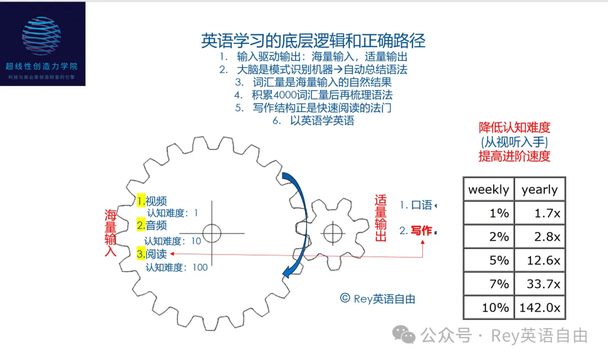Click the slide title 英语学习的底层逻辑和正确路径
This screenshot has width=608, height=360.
313,40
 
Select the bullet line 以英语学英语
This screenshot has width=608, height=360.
321,120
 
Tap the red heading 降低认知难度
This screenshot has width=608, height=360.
514,128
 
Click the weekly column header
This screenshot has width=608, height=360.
488,190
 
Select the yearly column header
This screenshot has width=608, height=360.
539,190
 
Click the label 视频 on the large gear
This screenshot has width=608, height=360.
156,201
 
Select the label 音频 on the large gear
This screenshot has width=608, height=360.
156,226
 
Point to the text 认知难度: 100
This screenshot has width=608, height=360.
177,267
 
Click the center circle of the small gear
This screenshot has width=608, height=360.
333,231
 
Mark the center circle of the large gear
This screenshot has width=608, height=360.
212,233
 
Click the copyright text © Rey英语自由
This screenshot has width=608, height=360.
377,299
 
